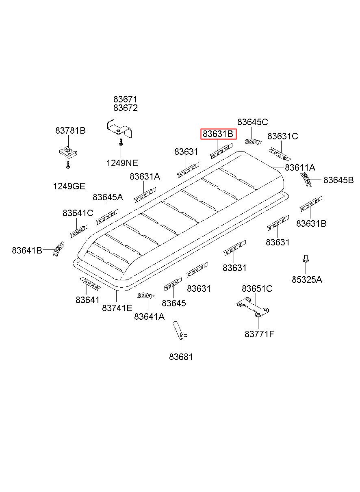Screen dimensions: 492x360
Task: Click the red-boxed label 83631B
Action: coord(218,134)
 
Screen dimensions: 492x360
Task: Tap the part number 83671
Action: coord(125,99)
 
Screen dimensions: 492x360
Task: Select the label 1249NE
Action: coord(122,163)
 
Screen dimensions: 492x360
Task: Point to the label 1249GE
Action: coord(69,186)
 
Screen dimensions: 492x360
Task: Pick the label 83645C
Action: coord(252,122)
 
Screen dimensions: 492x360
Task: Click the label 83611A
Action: coord(300,167)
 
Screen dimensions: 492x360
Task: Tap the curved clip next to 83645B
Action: coord(306,179)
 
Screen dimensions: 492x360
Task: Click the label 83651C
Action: coord(257,288)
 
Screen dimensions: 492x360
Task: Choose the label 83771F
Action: coord(259,334)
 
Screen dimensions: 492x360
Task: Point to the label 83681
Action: coord(181,357)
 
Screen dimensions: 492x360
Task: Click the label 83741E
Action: coord(117,308)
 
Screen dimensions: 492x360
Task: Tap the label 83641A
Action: coord(149,316)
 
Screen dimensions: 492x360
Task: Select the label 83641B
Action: coord(27,250)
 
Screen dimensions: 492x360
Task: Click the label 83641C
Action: coord(78,213)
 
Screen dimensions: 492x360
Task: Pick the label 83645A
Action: coord(108,197)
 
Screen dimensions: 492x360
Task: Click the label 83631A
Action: coord(145,176)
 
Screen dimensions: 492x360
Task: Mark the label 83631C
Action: coord(282,137)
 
